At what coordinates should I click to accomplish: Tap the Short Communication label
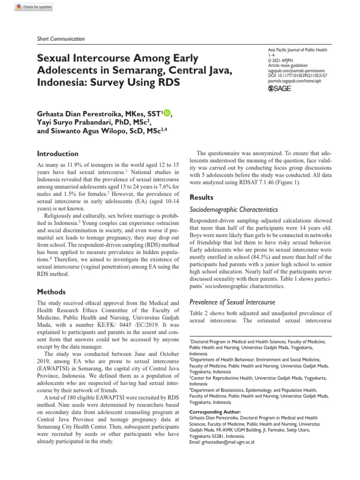(x=60, y=39)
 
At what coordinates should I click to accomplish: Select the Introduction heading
(x=58, y=154)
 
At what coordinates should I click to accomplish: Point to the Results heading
(x=201, y=197)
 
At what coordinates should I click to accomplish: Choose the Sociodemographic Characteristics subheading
(x=233, y=210)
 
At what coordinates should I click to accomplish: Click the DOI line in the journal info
(x=297, y=75)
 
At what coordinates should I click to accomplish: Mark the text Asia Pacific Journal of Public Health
(x=297, y=50)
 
